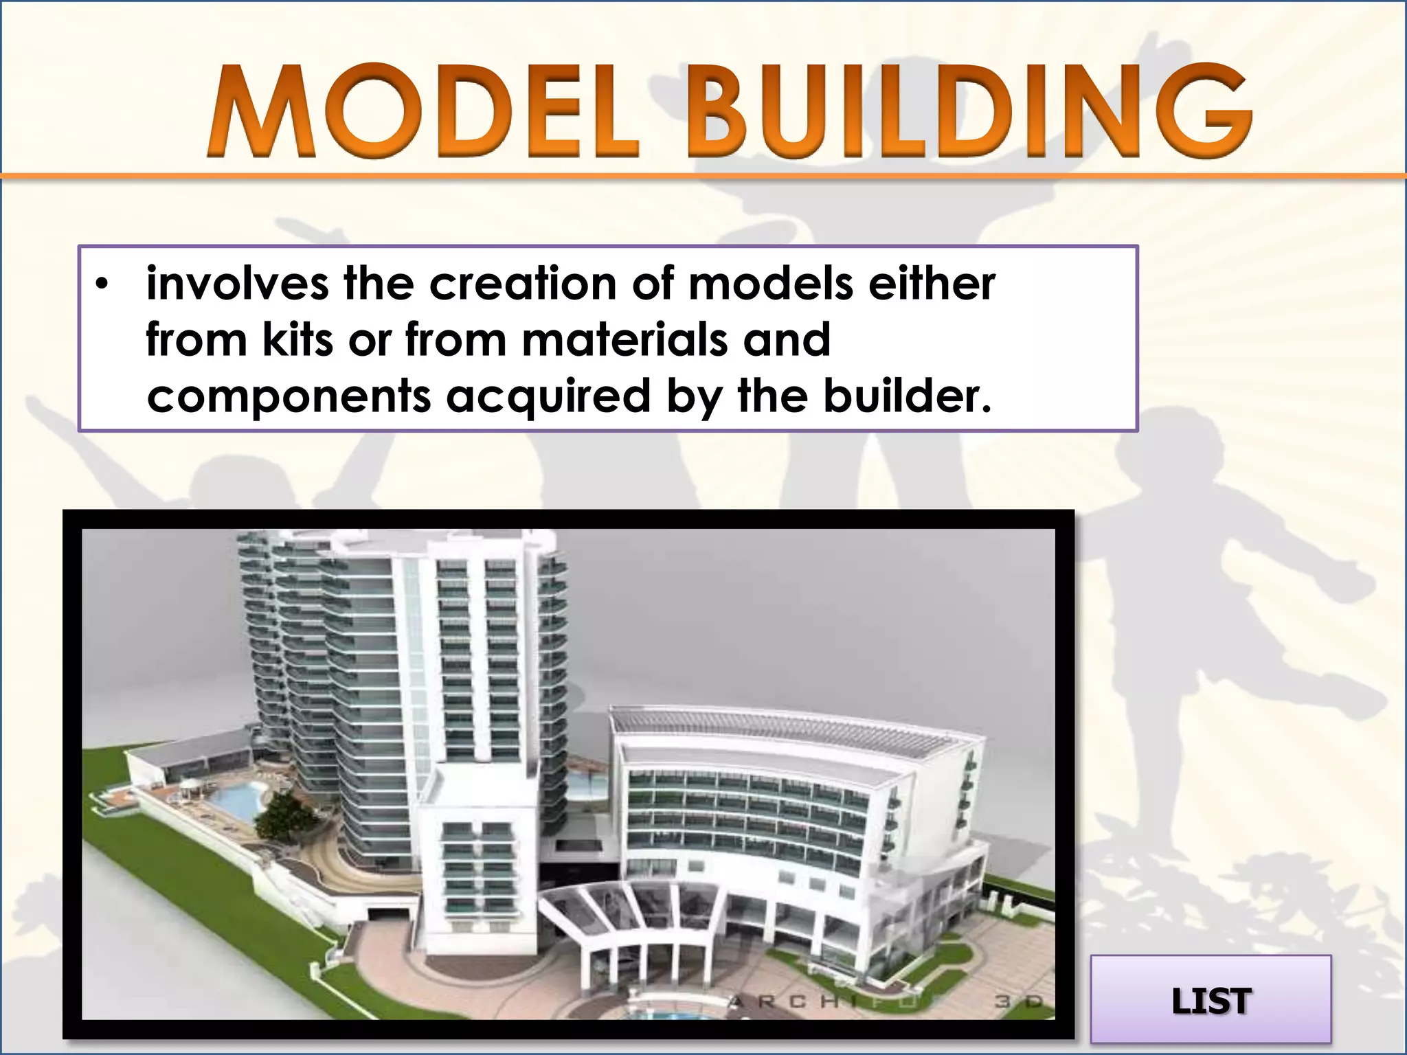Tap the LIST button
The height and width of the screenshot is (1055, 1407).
(1211, 1001)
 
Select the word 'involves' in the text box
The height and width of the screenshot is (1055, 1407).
(237, 284)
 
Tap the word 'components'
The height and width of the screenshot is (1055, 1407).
(289, 397)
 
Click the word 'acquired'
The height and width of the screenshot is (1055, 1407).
(548, 397)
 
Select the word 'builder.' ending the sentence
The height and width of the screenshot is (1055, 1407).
(908, 397)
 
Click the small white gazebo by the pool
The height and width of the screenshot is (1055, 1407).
(187, 790)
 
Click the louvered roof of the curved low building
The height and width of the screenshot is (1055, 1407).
(790, 738)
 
